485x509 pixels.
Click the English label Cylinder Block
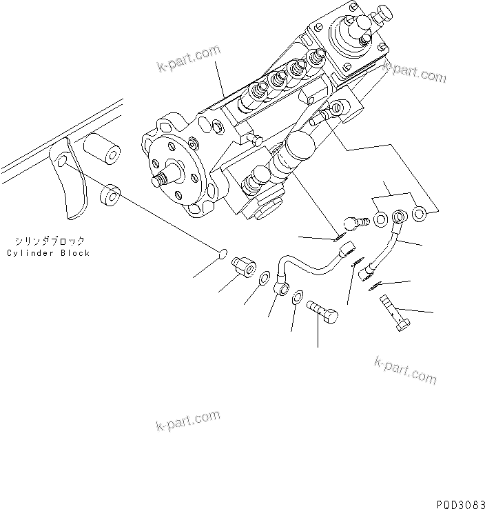click(x=48, y=253)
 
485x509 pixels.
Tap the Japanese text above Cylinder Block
click(x=48, y=241)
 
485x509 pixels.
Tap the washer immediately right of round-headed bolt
click(x=380, y=221)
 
